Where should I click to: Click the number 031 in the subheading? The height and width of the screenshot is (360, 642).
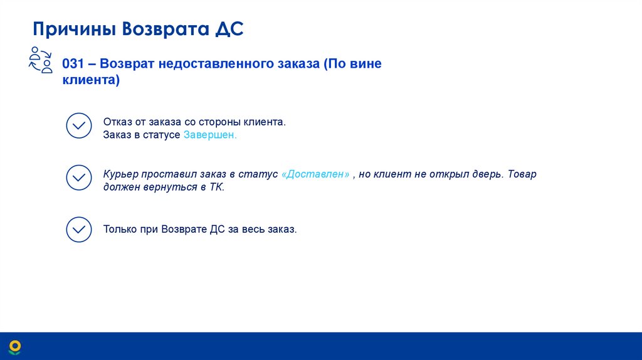click(73, 64)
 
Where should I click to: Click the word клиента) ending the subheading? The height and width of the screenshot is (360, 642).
click(91, 81)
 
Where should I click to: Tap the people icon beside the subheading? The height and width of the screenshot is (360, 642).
click(41, 60)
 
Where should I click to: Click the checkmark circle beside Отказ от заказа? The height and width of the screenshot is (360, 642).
click(79, 125)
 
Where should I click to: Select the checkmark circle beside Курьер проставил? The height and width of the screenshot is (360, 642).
click(79, 178)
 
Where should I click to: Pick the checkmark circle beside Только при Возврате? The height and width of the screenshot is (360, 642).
click(79, 230)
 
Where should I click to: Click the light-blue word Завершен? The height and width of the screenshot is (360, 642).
click(210, 135)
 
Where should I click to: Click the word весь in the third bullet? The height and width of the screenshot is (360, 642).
click(253, 230)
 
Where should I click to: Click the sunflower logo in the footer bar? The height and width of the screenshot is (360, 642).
click(14, 346)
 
